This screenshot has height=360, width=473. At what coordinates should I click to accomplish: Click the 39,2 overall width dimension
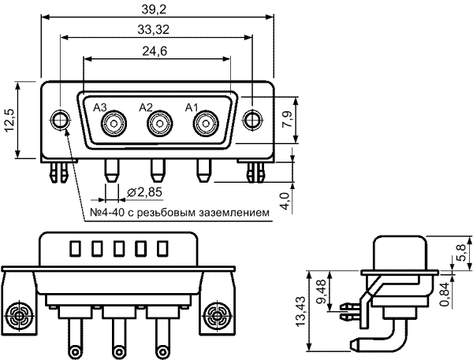[154, 9]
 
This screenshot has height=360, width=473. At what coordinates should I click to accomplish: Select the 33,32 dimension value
[154, 30]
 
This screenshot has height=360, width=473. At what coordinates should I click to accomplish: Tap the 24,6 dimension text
[155, 51]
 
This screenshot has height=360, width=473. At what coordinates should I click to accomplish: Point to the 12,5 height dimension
[9, 120]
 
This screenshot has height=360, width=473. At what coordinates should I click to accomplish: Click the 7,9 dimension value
[287, 120]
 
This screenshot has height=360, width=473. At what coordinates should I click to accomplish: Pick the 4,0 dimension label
[285, 201]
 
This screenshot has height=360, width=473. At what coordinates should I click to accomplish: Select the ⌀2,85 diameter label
[145, 192]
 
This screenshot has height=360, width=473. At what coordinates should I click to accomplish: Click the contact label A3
[100, 107]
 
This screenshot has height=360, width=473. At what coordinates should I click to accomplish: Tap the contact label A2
[146, 107]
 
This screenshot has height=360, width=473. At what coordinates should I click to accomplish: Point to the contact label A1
[192, 107]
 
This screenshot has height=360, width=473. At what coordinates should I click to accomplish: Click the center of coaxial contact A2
[160, 124]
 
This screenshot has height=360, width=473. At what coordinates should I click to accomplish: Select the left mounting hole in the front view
[60, 120]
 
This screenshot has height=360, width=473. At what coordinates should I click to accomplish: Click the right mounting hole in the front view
[252, 120]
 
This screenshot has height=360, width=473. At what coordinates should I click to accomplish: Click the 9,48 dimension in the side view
[322, 291]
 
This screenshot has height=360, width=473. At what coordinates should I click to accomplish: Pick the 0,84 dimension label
[445, 294]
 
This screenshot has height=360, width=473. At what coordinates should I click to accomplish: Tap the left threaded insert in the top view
[19, 317]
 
